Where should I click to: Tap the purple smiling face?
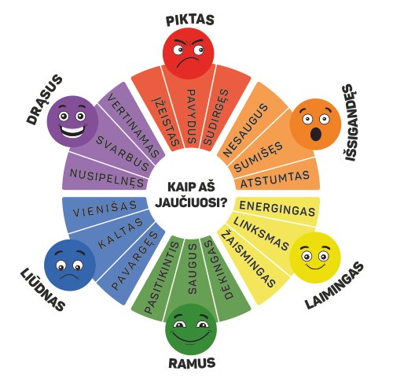coord(72,121)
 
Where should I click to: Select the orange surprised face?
coord(315,124)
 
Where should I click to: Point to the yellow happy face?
coord(316,258)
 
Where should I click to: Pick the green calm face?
coord(191,329)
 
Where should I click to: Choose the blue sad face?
coord(70,265)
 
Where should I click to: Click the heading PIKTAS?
coord(190,20)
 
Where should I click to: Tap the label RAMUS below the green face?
coord(192,363)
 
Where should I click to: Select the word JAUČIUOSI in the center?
coord(191,202)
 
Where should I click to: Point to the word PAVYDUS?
coord(192,117)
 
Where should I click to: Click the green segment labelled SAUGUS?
coord(193,270)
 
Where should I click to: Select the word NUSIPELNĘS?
coord(107,178)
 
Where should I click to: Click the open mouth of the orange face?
coord(316,134)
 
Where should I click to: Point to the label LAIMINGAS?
coord(335,286)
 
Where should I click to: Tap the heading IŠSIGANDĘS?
coord(351,123)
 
